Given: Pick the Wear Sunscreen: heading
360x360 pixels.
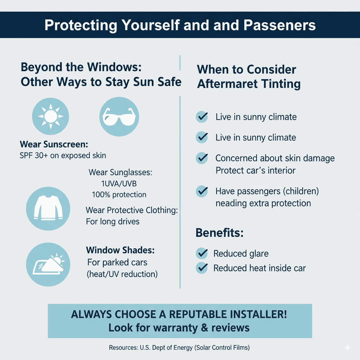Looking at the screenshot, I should (53, 144).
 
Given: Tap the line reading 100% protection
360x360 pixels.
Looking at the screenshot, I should (119, 194).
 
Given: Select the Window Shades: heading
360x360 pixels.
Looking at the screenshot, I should (120, 251).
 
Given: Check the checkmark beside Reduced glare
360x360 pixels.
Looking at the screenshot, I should (202, 253).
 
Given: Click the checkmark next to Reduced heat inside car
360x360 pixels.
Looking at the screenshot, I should (202, 268).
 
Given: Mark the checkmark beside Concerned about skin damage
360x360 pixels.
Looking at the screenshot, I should (202, 158).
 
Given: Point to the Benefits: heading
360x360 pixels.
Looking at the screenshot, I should (219, 233).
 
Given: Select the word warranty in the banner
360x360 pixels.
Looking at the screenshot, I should (179, 328).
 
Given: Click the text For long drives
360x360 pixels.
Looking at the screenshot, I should (112, 221).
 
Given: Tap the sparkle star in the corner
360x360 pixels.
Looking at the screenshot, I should (348, 347).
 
